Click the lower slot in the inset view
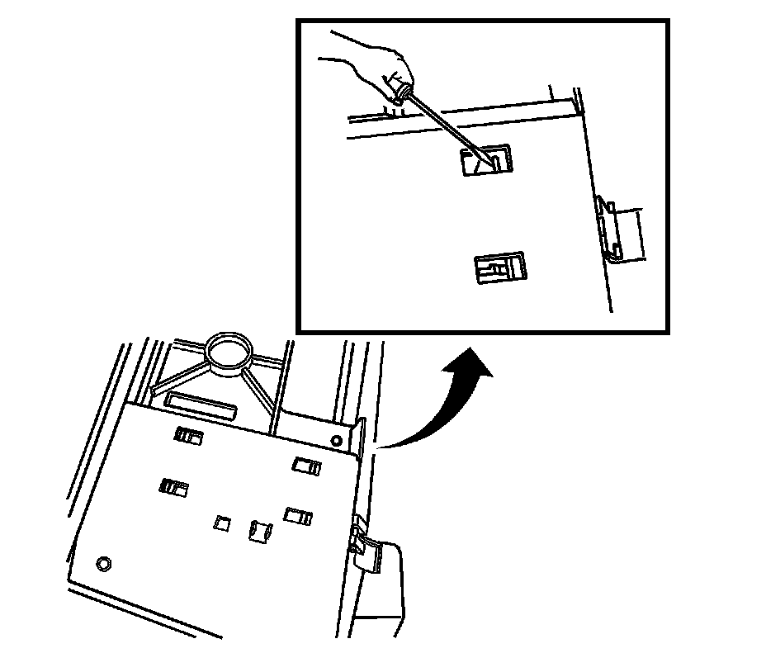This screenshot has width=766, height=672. click(500, 267)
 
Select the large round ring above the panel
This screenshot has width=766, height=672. click(228, 351)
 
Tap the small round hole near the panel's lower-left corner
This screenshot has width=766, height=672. click(103, 564)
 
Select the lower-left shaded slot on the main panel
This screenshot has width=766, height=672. click(174, 486)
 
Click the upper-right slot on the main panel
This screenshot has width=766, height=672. click(306, 466)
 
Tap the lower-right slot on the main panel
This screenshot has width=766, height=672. click(297, 516)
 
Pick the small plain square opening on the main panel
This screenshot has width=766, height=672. click(221, 523)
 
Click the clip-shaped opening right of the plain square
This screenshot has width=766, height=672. click(259, 531)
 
